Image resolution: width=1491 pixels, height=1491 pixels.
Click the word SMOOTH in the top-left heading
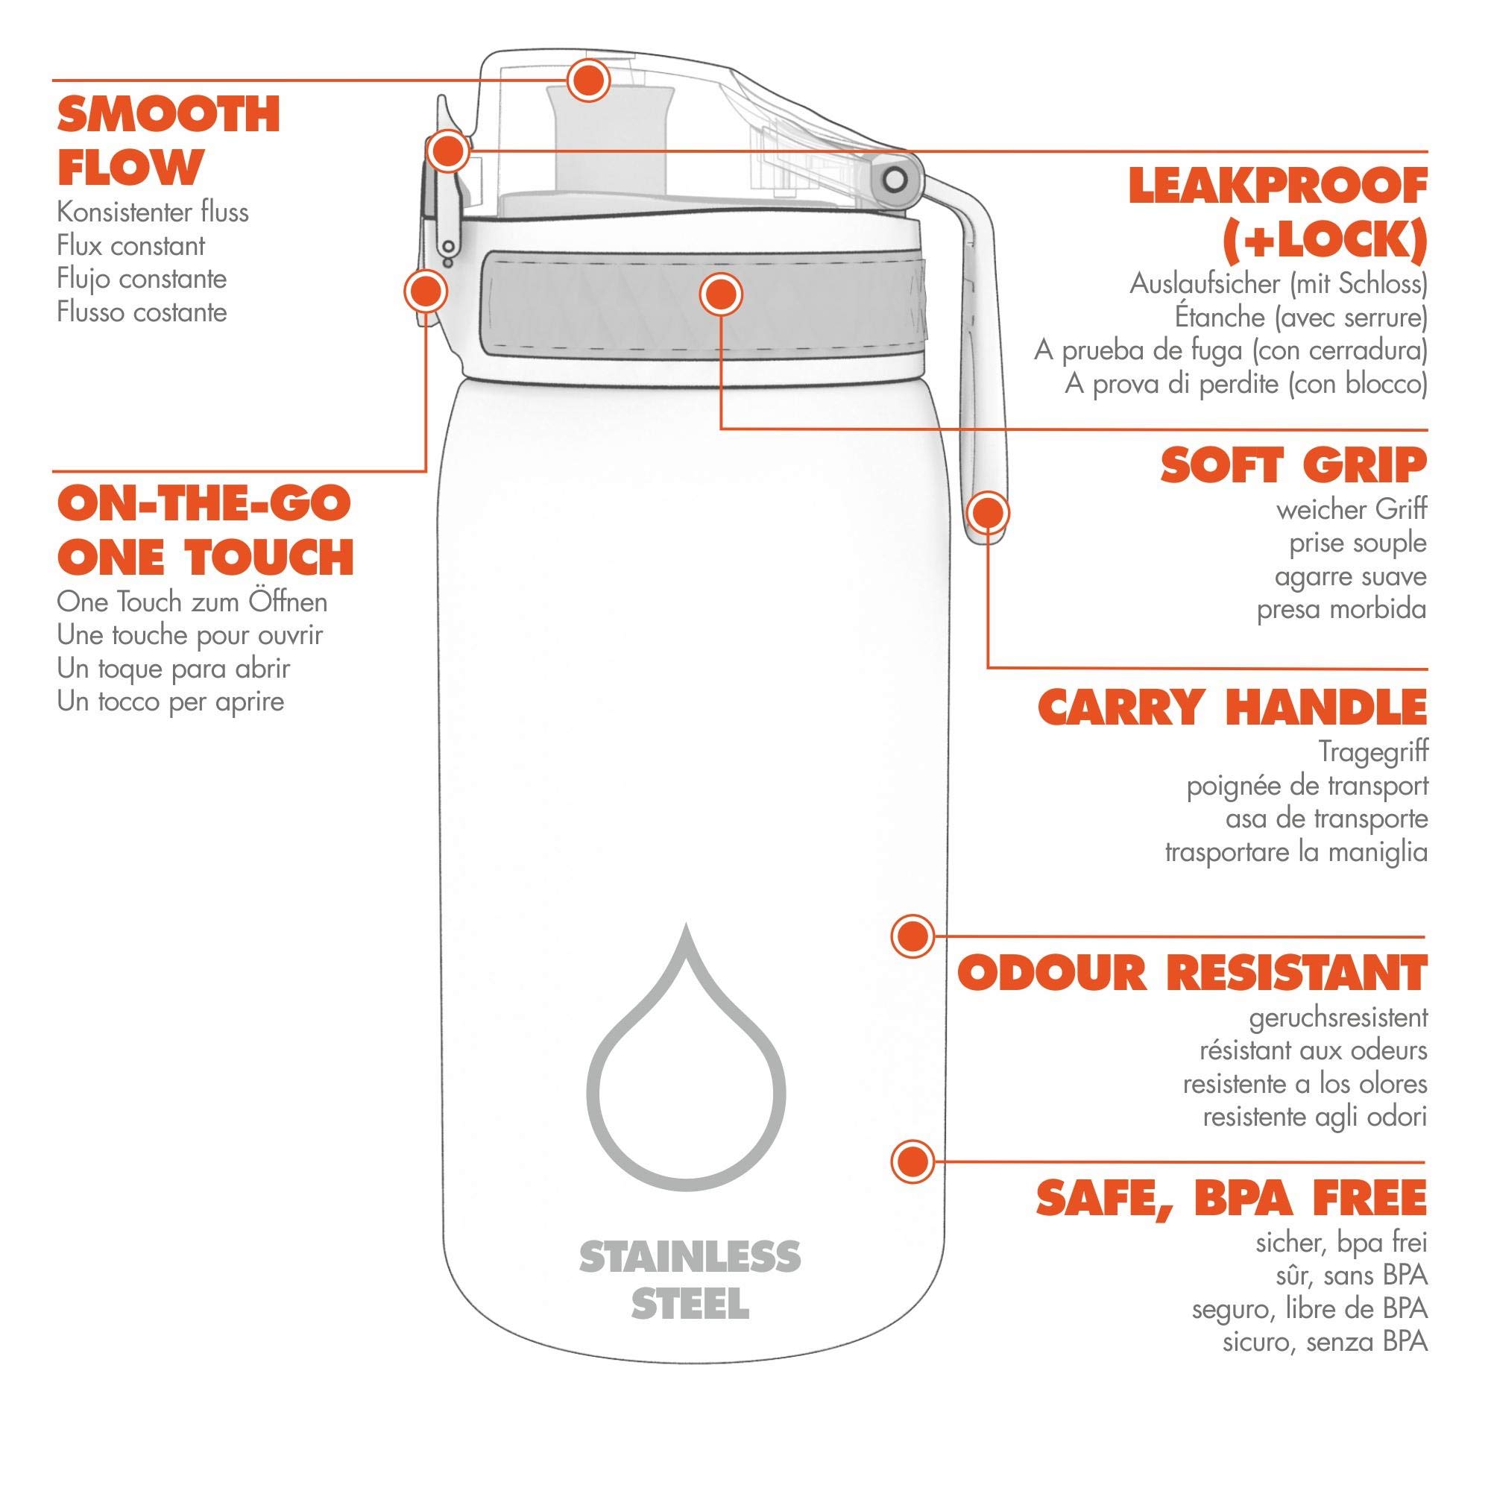tap(168, 114)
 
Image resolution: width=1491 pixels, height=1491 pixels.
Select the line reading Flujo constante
tap(142, 279)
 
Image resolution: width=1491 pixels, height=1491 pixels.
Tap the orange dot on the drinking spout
tap(588, 81)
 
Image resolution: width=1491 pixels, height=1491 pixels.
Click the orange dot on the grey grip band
tap(720, 294)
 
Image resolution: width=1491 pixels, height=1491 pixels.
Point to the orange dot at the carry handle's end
tap(988, 512)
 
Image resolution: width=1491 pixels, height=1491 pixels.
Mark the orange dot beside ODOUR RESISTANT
tap(912, 937)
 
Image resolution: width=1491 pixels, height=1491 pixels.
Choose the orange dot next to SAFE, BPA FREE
tap(912, 1161)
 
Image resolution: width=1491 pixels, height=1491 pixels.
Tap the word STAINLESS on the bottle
tap(690, 1258)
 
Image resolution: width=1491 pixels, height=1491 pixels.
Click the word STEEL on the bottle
tap(690, 1303)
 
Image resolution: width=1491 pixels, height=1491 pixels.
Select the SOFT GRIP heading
tap(1293, 465)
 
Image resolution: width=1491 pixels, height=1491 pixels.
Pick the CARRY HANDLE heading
tap(1232, 707)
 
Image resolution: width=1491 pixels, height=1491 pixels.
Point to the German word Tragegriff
tap(1373, 751)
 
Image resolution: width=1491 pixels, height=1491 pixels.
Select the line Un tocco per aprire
tap(171, 702)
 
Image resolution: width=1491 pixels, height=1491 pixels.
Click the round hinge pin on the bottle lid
tap(895, 180)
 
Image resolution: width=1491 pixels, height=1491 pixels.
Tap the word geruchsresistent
tap(1338, 1017)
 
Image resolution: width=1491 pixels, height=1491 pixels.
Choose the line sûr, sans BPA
tap(1352, 1276)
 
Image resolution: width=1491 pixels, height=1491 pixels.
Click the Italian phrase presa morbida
tap(1341, 610)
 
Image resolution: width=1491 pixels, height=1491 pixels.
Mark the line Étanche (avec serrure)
tap(1300, 316)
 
